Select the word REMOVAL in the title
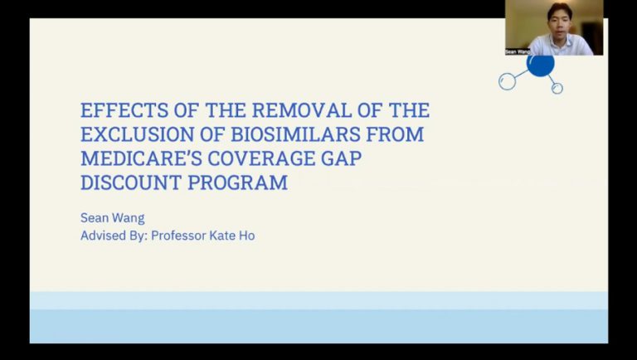[302, 110]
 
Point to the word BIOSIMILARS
[296, 134]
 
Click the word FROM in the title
[395, 134]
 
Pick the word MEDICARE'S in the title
[141, 158]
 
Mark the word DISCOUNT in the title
[131, 182]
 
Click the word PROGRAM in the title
[238, 182]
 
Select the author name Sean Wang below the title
[113, 218]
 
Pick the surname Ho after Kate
[247, 236]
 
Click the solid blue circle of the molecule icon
[540, 66]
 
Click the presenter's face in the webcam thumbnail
[559, 20]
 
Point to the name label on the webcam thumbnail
[518, 52]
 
